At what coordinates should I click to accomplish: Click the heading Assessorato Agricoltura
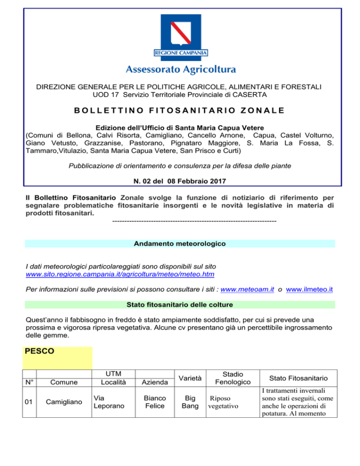[180, 70]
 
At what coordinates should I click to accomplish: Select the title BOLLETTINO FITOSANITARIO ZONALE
[180, 111]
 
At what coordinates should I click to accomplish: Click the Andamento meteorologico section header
[180, 244]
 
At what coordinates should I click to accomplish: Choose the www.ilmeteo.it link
[309, 290]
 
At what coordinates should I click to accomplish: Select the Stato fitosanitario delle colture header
[180, 305]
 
